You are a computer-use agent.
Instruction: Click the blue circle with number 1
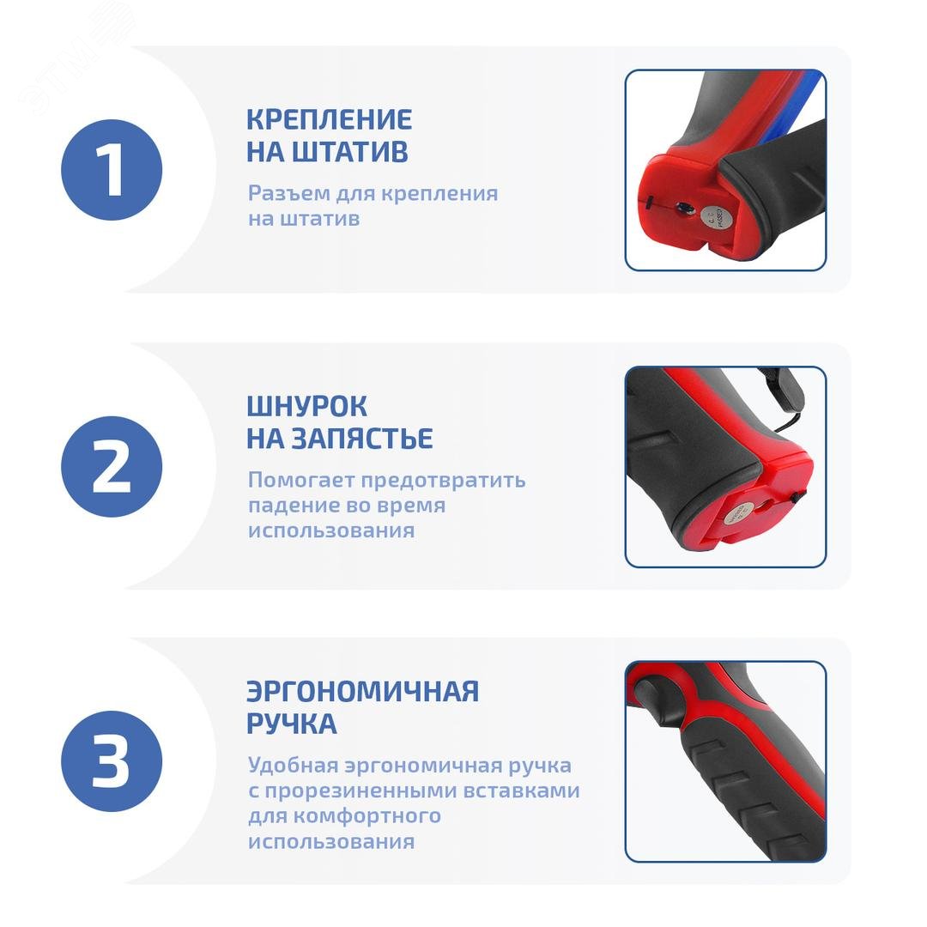(112, 170)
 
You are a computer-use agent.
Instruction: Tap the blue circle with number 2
(112, 466)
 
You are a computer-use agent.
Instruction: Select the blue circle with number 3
(112, 761)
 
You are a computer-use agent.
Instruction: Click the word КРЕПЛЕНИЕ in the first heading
(329, 119)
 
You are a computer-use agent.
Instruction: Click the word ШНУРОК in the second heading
(306, 405)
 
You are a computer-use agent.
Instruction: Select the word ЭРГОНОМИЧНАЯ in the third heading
(362, 692)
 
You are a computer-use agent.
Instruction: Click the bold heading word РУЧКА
(291, 724)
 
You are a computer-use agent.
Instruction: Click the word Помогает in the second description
(301, 481)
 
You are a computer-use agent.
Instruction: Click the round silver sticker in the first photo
(712, 218)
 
